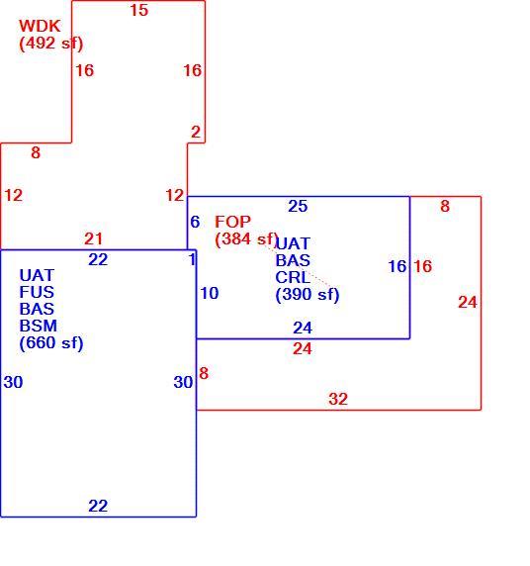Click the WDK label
[x=40, y=26]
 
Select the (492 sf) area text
[x=51, y=44]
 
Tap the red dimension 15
[x=139, y=10]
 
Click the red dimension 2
[x=196, y=133]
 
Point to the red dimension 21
[x=94, y=238]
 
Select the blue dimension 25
[x=298, y=206]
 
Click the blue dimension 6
[x=195, y=222]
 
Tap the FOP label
[x=232, y=222]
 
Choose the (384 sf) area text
[x=247, y=238]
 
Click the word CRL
[x=293, y=278]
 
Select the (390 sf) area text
[x=308, y=295]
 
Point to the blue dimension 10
[x=210, y=293]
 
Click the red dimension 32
[x=338, y=399]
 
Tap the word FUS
[x=37, y=292]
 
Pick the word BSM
[x=39, y=326]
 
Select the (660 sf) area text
[x=51, y=343]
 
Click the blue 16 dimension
[x=397, y=267]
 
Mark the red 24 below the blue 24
[x=303, y=349]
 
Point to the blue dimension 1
[x=192, y=259]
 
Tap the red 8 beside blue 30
[x=204, y=374]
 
